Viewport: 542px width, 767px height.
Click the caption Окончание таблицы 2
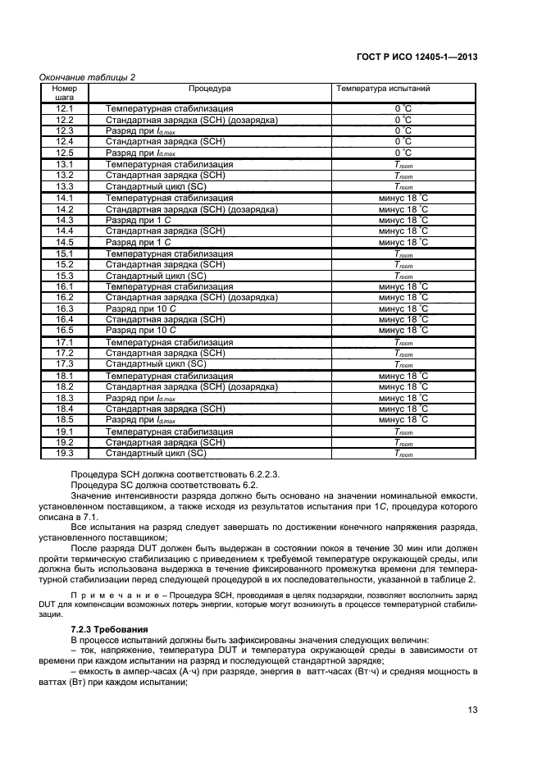[x=88, y=77]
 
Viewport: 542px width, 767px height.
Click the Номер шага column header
[x=64, y=92]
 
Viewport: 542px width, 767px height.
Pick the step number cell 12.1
[x=64, y=108]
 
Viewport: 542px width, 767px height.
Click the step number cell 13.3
[x=64, y=186]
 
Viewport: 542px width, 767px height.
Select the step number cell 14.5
[x=64, y=242]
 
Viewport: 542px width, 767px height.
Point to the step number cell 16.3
[x=64, y=308]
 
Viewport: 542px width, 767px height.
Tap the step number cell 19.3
[x=64, y=453]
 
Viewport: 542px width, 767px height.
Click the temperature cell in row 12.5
[x=403, y=153]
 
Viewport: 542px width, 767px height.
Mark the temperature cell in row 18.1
[x=403, y=376]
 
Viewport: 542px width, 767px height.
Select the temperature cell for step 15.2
[x=403, y=265]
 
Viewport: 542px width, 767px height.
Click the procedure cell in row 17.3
[x=156, y=364]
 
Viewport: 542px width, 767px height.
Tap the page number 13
[x=472, y=710]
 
